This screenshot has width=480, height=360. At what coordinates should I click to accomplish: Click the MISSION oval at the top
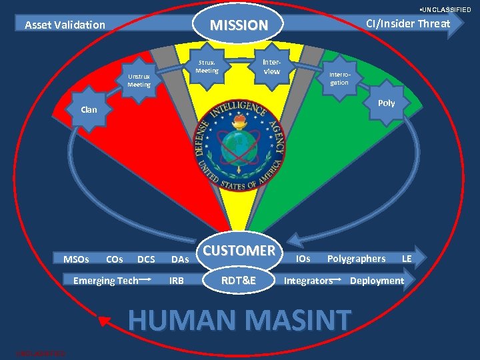click(x=239, y=25)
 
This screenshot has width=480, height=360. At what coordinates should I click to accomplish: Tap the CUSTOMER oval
click(x=239, y=251)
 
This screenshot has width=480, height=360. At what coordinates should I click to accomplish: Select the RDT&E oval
click(x=239, y=281)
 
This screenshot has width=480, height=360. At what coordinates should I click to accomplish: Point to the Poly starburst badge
click(x=386, y=103)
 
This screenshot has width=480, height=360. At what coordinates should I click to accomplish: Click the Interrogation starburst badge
click(x=339, y=79)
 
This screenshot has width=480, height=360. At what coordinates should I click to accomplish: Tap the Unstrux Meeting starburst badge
click(x=139, y=81)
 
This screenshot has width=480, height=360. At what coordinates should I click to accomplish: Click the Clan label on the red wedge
click(x=89, y=109)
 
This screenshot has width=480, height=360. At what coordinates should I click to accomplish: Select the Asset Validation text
click(x=65, y=25)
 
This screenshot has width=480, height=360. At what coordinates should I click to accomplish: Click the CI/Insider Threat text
click(x=408, y=23)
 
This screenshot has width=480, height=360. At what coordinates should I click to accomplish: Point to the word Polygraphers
click(x=356, y=259)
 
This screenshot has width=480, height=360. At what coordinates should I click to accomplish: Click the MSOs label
click(x=76, y=259)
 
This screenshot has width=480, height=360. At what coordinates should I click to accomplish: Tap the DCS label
click(x=145, y=259)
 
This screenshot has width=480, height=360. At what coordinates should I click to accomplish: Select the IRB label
click(x=177, y=281)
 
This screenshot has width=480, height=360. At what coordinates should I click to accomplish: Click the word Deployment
click(x=377, y=281)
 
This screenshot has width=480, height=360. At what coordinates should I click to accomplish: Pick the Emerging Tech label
click(x=105, y=281)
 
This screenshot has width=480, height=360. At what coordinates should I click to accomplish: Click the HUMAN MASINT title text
click(x=239, y=319)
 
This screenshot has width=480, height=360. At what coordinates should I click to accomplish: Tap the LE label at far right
click(x=406, y=259)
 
